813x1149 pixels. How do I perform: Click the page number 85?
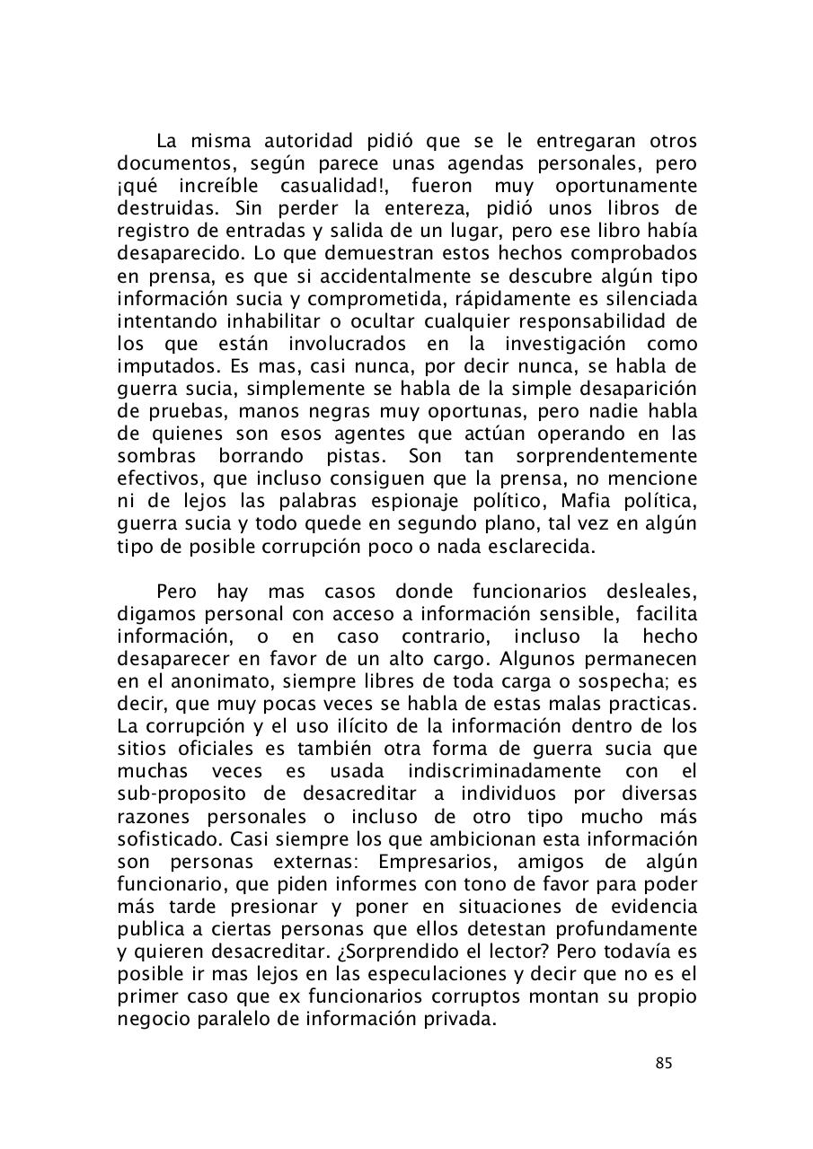coord(664,1064)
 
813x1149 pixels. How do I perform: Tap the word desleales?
coord(648,592)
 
